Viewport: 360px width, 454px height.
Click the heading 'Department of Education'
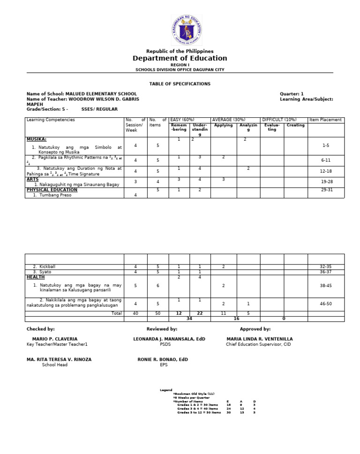pyautogui.click(x=180, y=58)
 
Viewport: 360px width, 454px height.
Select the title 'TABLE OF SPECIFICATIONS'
pyautogui.click(x=180, y=83)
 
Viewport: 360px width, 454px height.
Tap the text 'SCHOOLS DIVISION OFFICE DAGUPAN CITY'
pyautogui.click(x=180, y=69)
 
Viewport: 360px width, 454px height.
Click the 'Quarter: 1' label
pyautogui.click(x=292, y=94)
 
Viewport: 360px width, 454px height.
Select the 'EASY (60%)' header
pyautogui.click(x=182, y=120)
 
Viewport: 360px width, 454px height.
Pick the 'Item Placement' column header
pyautogui.click(x=326, y=120)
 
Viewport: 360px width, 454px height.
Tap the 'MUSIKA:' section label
pyautogui.click(x=37, y=139)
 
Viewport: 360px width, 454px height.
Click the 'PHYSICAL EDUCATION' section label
pyautogui.click(x=52, y=190)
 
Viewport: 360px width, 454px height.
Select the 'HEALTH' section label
pyautogui.click(x=36, y=277)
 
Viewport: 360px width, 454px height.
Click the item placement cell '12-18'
pyautogui.click(x=326, y=171)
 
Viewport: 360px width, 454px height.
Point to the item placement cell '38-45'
pyautogui.click(x=326, y=285)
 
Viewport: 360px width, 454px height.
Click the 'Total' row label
pyautogui.click(x=116, y=313)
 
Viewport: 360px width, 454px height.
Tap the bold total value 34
pyautogui.click(x=189, y=318)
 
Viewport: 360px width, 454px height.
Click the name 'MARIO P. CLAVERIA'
pyautogui.click(x=55, y=339)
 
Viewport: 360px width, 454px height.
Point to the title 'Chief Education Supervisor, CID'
pyautogui.click(x=258, y=344)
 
